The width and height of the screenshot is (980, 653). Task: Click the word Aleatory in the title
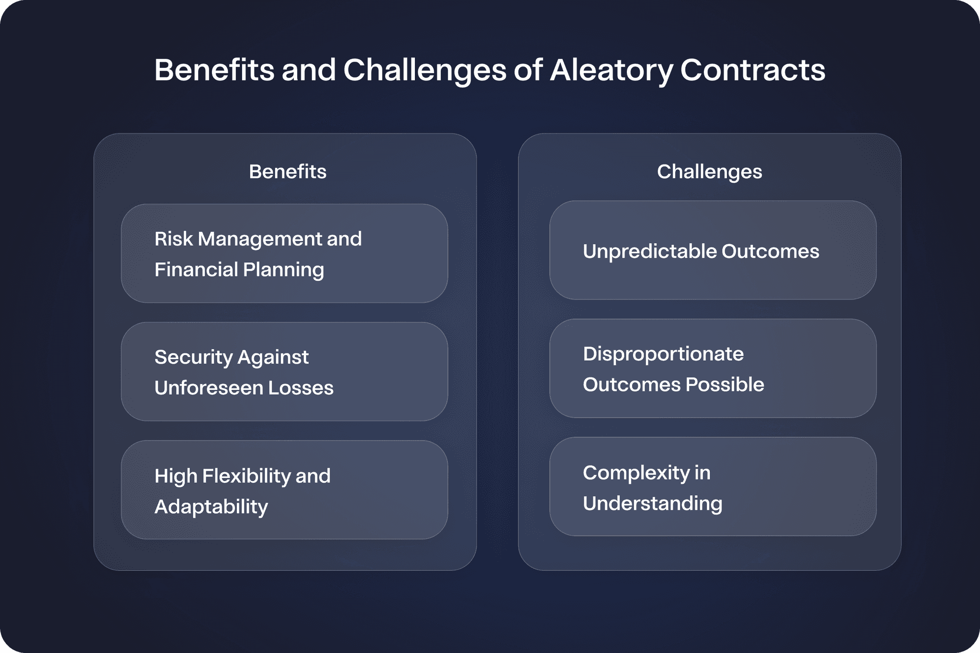pos(611,71)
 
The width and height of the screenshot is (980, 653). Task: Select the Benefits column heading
pos(288,172)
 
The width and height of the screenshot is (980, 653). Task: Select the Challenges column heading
pos(709,172)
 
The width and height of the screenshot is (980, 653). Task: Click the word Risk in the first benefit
pos(173,239)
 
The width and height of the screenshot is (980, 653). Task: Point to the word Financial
pos(196,269)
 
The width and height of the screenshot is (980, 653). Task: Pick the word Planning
pos(283,270)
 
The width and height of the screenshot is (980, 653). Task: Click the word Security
pos(193,357)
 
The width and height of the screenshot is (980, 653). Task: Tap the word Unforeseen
pos(209,388)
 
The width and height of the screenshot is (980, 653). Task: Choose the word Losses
pos(301,388)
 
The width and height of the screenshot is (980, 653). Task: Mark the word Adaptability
pos(211,507)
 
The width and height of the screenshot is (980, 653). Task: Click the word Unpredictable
pos(649,252)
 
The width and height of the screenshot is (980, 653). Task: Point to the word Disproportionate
pos(663,354)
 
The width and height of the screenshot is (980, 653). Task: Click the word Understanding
pos(653,504)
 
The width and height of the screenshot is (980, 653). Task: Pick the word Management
pos(259,239)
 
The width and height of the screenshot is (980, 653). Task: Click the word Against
pos(273,357)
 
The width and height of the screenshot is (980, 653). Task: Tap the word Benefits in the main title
pos(214,71)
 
